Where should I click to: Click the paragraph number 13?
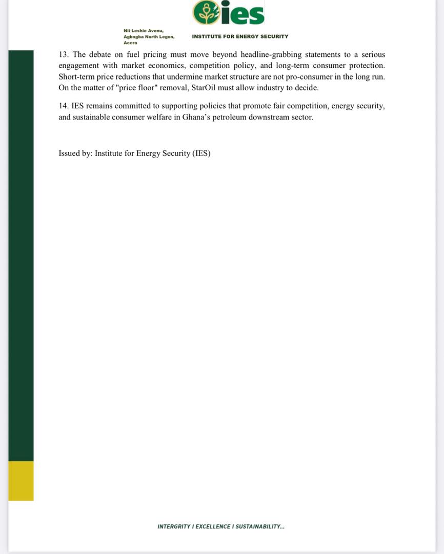[64, 55]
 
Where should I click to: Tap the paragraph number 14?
[64, 106]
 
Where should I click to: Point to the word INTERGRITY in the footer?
[174, 527]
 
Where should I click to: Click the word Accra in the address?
[130, 43]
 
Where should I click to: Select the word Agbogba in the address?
[134, 37]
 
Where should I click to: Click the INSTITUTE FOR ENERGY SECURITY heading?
[240, 37]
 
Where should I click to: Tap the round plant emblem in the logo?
[206, 13]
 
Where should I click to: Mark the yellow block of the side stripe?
[21, 481]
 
